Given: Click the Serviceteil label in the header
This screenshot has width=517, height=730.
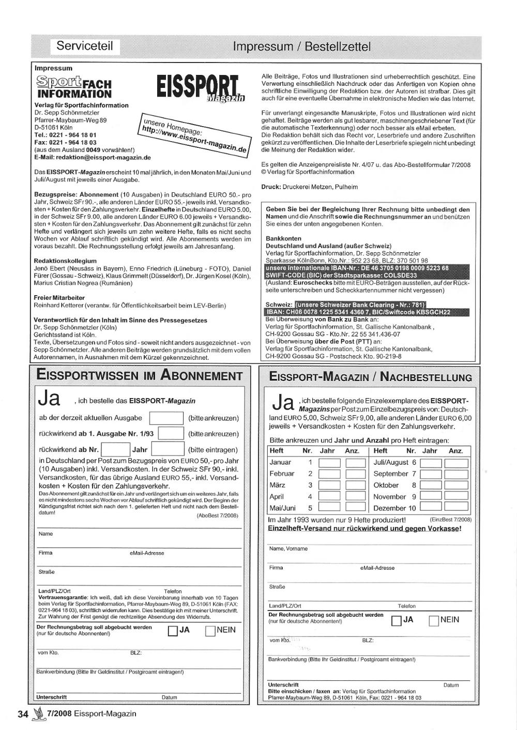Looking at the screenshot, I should coord(85,46).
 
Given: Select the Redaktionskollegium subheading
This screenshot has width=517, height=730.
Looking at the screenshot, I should coord(65,261).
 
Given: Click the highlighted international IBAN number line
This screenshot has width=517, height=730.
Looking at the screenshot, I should coord(357,268).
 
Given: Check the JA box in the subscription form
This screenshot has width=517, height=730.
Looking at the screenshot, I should coord(173,631).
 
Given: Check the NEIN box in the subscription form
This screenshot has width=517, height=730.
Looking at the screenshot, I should coord(210,631).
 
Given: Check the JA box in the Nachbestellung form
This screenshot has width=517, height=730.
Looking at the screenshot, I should coord(397,620).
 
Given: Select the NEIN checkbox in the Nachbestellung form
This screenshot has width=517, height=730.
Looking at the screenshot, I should coord(434,620).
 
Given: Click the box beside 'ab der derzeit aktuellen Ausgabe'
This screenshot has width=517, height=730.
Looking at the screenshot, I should coord(166,418).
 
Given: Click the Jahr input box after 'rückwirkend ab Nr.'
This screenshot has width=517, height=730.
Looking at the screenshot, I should coord(168,450).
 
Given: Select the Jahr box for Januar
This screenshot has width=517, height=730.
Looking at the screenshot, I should coord(329,463).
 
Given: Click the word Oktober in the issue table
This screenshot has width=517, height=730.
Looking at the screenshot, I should coord(386,485).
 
